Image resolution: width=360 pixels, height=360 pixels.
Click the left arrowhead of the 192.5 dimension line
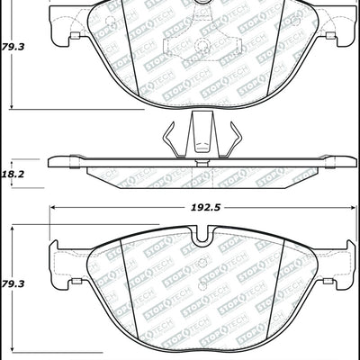[x=49, y=217]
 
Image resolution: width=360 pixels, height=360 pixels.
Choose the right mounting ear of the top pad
[x=341, y=35]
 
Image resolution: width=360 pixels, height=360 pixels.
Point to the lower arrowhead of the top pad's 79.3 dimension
[x=11, y=107]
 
